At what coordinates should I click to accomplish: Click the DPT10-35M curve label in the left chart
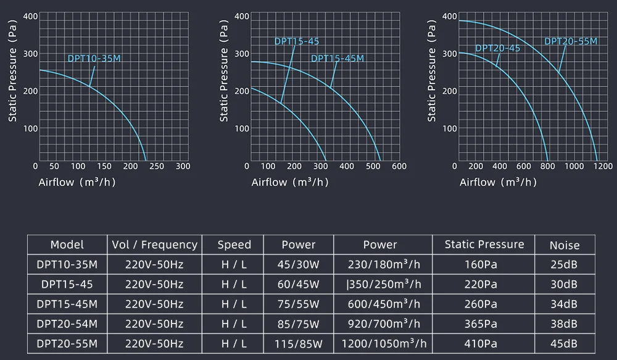click(x=94, y=59)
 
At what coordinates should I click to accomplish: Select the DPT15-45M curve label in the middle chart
click(x=337, y=59)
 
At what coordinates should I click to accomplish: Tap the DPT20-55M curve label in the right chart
click(x=571, y=41)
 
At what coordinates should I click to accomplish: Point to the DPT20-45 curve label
click(x=497, y=48)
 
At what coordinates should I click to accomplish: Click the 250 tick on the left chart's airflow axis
click(x=157, y=166)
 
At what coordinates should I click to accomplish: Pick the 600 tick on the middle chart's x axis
click(x=399, y=166)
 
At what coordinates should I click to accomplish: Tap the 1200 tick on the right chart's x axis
click(x=603, y=166)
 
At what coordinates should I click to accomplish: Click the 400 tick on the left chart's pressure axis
click(x=30, y=16)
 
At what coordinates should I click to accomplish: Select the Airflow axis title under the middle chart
click(x=289, y=182)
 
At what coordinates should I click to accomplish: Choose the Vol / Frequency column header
click(x=155, y=245)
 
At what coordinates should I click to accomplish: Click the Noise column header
click(x=565, y=245)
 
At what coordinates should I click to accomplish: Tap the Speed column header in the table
click(x=234, y=245)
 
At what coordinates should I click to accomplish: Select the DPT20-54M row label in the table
click(x=67, y=324)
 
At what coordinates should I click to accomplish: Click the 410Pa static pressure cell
click(x=484, y=343)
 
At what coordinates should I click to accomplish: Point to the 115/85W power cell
click(x=299, y=343)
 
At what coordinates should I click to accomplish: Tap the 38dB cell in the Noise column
click(x=565, y=324)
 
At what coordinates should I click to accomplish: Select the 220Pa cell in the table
click(x=484, y=285)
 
